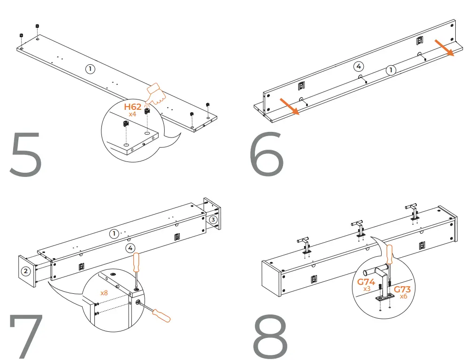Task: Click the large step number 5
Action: click(25, 155)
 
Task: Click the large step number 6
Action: click(267, 154)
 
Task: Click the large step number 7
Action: click(26, 336)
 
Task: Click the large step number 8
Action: click(270, 336)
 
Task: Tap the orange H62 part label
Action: click(133, 107)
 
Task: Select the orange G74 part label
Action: click(367, 282)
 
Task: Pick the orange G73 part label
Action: click(402, 290)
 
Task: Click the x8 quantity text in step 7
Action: click(105, 292)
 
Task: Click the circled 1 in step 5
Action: click(90, 69)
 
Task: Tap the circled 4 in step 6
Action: click(358, 66)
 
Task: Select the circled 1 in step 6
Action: click(391, 70)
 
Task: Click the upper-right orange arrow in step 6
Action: click(444, 48)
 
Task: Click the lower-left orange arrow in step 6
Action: click(289, 106)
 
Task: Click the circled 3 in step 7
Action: click(214, 219)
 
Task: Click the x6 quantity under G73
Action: click(404, 297)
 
